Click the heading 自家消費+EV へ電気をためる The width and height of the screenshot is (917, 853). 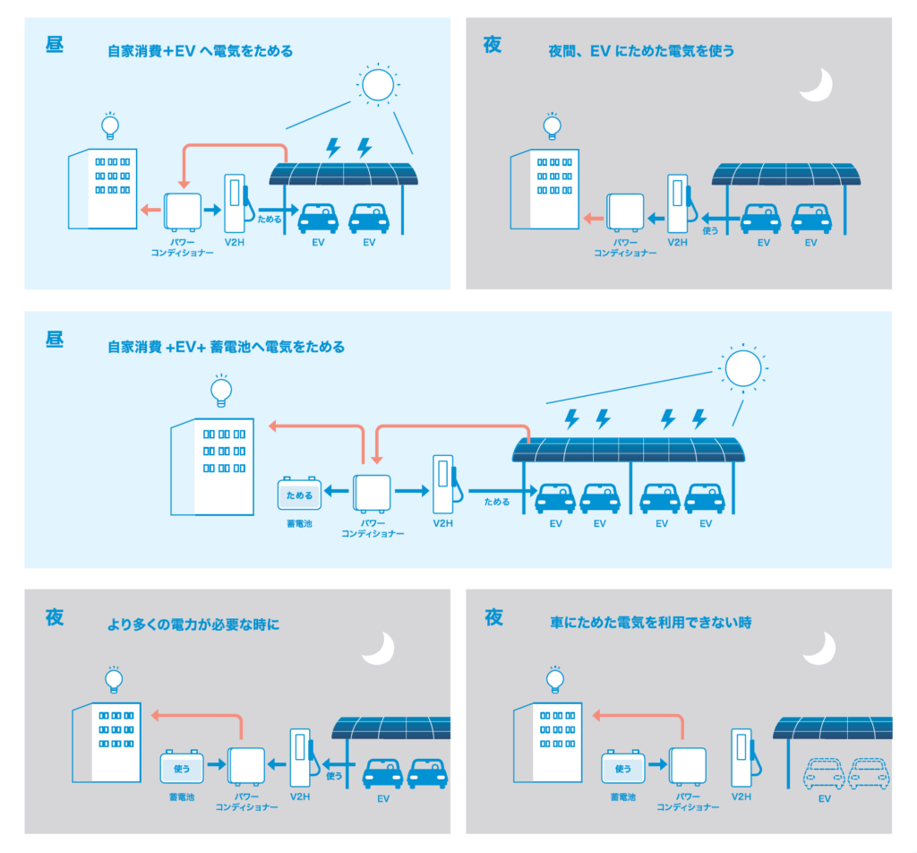coord(199,51)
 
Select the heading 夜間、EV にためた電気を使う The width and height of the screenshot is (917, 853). coord(641,51)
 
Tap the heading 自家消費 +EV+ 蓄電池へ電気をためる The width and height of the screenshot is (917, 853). coord(225,347)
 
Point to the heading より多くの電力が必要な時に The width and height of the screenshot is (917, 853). coord(193,624)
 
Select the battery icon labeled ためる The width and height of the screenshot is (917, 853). coord(298,494)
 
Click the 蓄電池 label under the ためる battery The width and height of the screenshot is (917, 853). coord(298,524)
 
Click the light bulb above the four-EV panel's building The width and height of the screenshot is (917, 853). coord(219,391)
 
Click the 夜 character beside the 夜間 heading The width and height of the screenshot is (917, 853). coord(493,45)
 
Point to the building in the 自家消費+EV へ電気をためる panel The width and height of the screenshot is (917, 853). coord(103,189)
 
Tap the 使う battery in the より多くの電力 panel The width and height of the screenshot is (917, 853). coord(182,768)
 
